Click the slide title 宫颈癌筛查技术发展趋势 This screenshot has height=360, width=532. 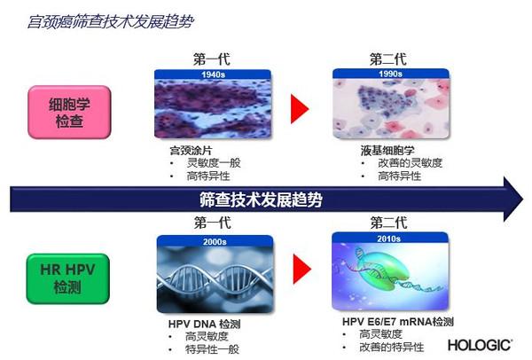click(x=111, y=21)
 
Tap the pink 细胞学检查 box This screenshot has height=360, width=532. click(x=69, y=113)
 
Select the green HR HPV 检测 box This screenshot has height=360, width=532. click(x=68, y=278)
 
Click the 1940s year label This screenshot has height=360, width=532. click(x=213, y=74)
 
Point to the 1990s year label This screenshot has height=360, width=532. click(x=390, y=74)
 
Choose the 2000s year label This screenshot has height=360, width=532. click(x=215, y=241)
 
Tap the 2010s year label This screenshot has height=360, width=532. click(x=389, y=239)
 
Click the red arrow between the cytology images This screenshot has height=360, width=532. click(x=300, y=109)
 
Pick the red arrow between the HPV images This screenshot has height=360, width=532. click(x=302, y=269)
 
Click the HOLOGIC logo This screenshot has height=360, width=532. click(x=480, y=346)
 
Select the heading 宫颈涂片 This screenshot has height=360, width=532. click(x=191, y=151)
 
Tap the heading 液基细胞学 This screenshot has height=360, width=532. click(x=387, y=151)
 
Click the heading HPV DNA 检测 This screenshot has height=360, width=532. click(x=204, y=324)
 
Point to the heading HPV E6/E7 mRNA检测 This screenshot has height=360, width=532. click(x=397, y=321)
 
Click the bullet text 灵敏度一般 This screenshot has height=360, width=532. click(x=214, y=163)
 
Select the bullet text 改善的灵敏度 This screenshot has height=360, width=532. click(x=411, y=163)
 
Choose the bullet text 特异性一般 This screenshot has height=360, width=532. click(x=213, y=349)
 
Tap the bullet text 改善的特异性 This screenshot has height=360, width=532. click(x=392, y=347)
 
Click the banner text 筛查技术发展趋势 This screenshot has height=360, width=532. click(x=261, y=200)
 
